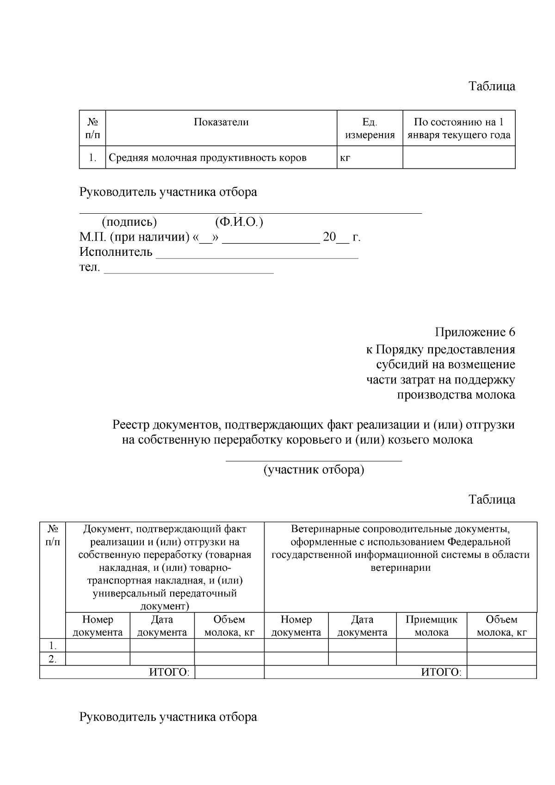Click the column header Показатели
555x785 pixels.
click(x=221, y=122)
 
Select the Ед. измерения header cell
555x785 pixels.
click(x=370, y=129)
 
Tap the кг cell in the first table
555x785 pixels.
click(x=345, y=158)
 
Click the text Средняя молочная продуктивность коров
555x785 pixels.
click(x=207, y=158)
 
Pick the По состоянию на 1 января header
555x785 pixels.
click(x=458, y=129)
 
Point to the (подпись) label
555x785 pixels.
click(x=129, y=222)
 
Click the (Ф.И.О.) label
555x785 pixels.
click(x=239, y=222)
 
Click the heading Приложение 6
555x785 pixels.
click(x=475, y=332)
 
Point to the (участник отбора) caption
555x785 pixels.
click(x=314, y=470)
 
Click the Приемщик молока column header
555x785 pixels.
click(x=431, y=626)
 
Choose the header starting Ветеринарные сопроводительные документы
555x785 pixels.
click(x=401, y=548)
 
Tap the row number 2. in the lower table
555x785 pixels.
click(x=53, y=659)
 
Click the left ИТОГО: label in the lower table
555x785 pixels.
click(x=169, y=672)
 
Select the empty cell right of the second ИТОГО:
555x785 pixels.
click(x=501, y=672)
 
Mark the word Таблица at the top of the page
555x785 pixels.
click(x=492, y=87)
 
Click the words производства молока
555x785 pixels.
click(x=456, y=395)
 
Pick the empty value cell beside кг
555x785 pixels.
click(x=458, y=158)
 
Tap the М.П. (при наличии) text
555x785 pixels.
click(x=134, y=238)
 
